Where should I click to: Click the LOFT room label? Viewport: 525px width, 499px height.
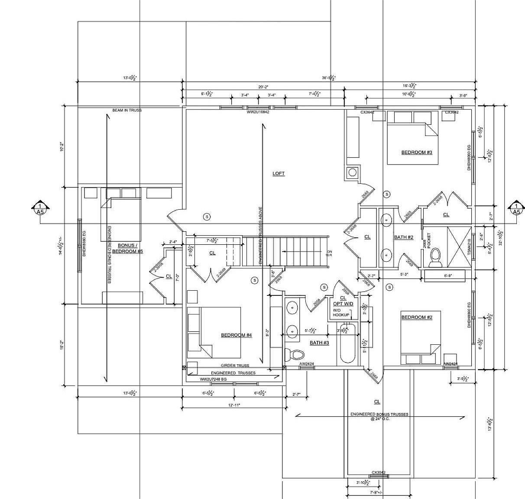pos(279,173)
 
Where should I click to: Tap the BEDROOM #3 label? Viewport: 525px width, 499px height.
pos(416,152)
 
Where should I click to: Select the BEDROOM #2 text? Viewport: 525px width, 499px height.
pos(416,318)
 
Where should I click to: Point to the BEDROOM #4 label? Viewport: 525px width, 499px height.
pos(236,335)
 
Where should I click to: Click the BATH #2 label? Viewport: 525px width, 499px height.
pos(404,237)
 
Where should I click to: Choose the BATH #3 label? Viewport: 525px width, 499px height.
pos(319,343)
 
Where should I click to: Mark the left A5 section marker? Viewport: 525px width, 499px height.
pos(40,208)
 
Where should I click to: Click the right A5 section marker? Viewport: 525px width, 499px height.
pos(516,208)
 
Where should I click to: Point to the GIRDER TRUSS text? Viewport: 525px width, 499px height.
pos(235,366)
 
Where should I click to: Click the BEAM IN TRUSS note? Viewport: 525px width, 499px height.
pos(127,110)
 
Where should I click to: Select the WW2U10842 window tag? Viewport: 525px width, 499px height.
pos(258,112)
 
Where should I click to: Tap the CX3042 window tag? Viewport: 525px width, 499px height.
pos(378,473)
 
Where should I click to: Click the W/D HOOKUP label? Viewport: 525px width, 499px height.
pos(341,313)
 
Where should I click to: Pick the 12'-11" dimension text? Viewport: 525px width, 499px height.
pos(233,405)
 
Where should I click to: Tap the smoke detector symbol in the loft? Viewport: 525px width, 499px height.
pos(207,216)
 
